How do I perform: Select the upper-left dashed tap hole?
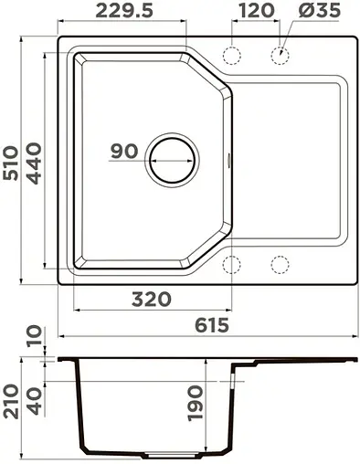tap(232, 57)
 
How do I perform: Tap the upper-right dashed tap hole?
tap(279, 57)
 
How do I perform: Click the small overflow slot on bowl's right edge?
tap(229, 162)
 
